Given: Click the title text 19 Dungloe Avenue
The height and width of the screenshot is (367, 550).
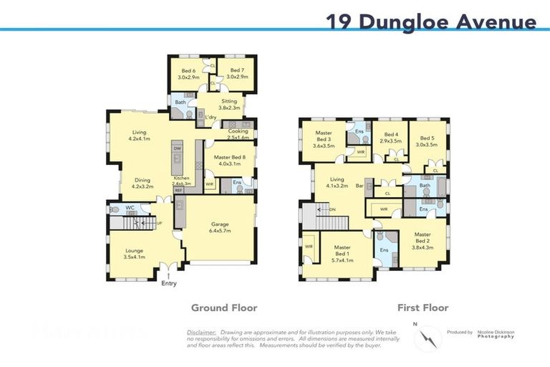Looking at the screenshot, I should (x=430, y=22).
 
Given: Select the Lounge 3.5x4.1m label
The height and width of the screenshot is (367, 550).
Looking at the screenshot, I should (x=133, y=252).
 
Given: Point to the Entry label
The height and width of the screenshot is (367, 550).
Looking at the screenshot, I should (x=169, y=284).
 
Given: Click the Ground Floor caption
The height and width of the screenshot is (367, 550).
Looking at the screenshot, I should (x=223, y=308).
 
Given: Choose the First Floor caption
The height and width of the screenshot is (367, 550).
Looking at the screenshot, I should (x=423, y=308).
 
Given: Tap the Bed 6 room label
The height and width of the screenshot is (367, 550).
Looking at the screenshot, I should (x=188, y=73).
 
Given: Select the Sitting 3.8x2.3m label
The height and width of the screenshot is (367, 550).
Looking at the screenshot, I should (x=228, y=105).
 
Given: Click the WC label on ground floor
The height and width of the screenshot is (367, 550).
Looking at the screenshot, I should (x=130, y=208).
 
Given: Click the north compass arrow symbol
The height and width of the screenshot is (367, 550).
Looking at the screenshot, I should (x=428, y=338).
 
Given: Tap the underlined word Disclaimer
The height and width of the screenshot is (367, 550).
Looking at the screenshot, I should (x=201, y=333).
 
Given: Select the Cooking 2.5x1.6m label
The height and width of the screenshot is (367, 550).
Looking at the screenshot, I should (x=238, y=134).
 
